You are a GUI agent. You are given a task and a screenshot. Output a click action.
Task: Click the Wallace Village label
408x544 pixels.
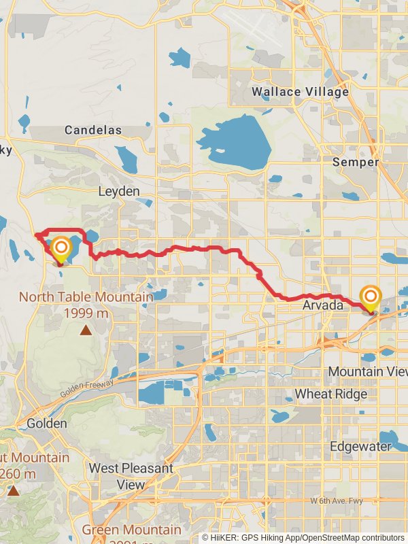tap(300, 91)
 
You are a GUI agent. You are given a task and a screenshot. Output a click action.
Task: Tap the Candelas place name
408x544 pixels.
tap(93, 130)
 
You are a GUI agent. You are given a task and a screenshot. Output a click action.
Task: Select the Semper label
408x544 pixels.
tap(356, 163)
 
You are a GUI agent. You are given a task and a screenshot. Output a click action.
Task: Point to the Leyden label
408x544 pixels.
tap(119, 192)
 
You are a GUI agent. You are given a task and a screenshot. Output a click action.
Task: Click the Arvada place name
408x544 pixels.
tap(323, 306)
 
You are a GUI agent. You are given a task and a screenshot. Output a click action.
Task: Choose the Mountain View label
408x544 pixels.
tap(367, 371)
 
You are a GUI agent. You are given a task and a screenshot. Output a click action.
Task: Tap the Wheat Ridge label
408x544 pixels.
tap(330, 394)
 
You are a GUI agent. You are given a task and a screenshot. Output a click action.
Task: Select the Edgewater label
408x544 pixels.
tap(360, 447)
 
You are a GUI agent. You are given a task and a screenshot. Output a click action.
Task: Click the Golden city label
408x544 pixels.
tap(47, 424)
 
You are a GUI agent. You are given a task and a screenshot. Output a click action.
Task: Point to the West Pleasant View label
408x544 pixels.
tap(131, 477)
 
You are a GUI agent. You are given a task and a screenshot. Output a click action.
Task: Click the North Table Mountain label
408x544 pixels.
tap(86, 297)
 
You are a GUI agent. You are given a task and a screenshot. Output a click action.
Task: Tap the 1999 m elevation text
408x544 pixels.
tap(86, 313)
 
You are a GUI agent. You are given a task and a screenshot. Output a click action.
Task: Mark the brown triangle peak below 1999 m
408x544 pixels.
tap(86, 330)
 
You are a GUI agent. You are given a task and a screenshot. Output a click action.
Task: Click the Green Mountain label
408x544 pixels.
tap(132, 530)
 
